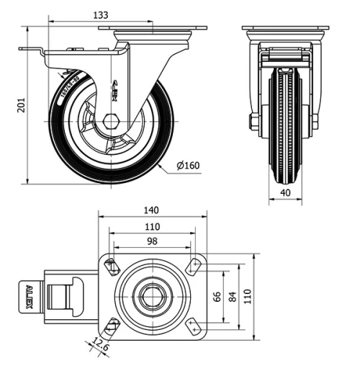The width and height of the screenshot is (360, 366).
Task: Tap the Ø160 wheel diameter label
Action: point(188,166)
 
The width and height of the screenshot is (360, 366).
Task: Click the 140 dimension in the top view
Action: point(151,210)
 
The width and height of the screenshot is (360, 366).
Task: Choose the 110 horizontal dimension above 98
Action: point(151,226)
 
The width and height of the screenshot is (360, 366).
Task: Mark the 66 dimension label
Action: point(215,296)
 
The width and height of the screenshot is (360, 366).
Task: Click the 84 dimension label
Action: point(232,296)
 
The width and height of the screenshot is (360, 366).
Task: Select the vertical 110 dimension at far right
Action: point(248,296)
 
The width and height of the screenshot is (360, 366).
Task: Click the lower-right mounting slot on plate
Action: point(194,326)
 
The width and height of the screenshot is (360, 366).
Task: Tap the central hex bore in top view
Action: point(152,296)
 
